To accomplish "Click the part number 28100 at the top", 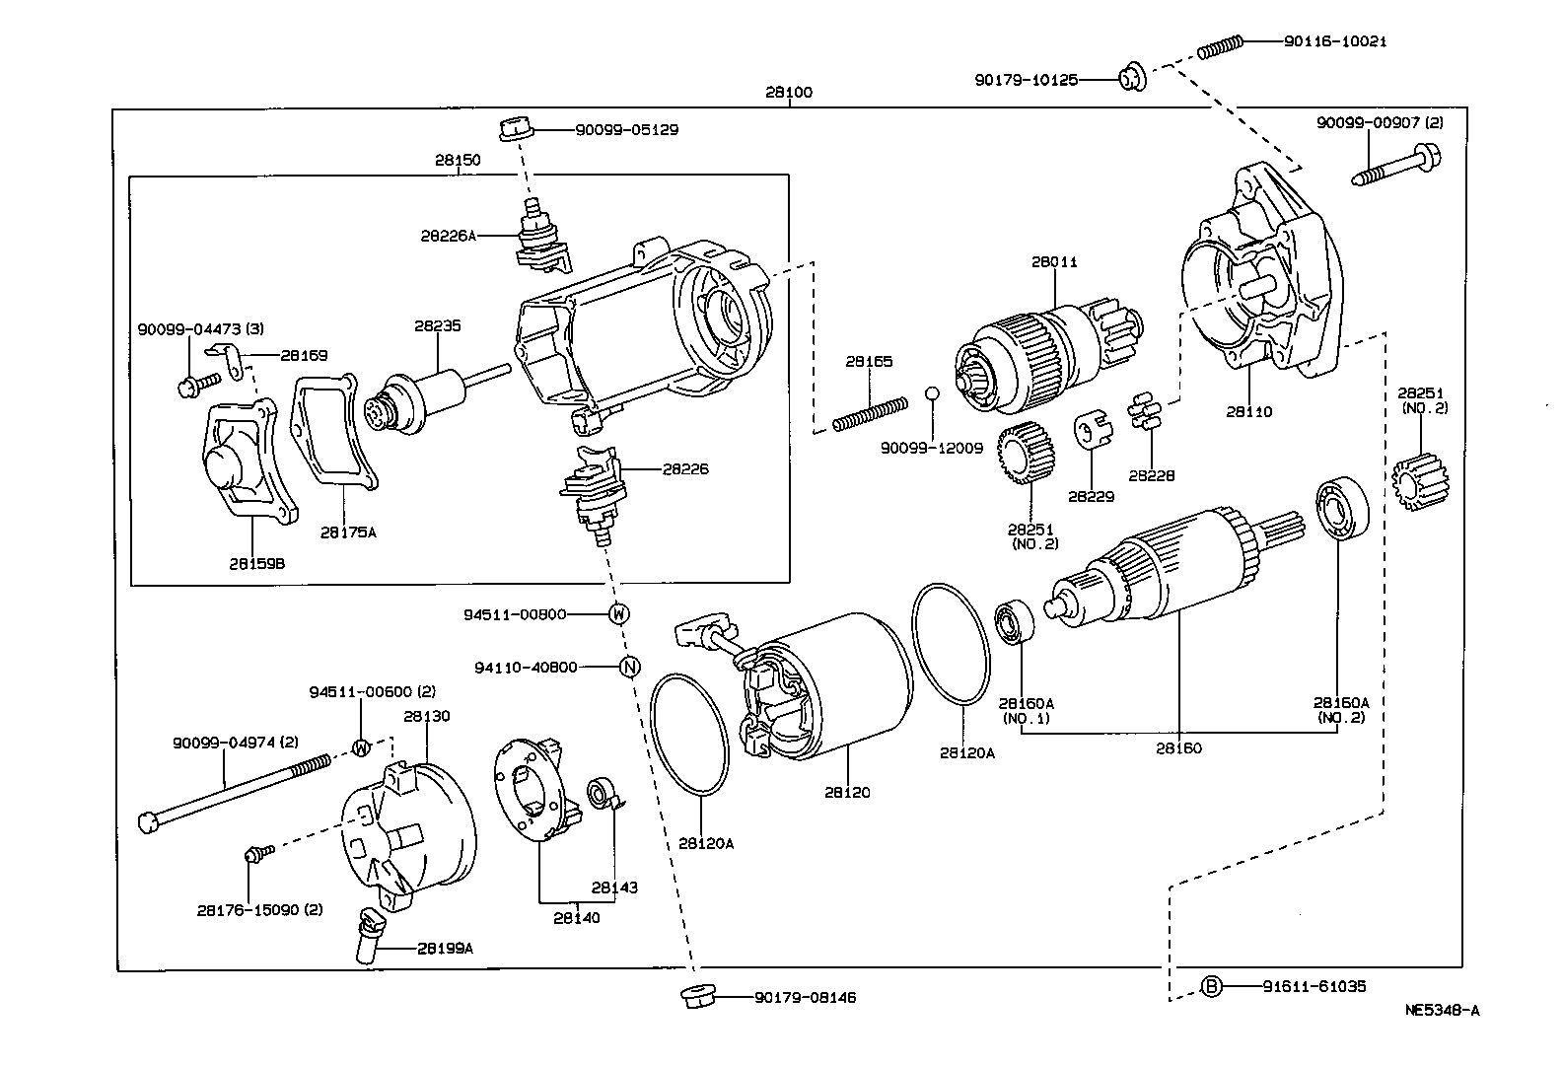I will click(x=788, y=93).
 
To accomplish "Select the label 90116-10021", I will click(x=1335, y=41).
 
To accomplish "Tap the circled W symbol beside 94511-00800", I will click(x=618, y=613).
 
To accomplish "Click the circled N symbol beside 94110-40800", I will click(x=628, y=667).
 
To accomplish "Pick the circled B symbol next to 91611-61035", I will click(x=1212, y=985).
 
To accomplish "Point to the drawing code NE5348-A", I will click(x=1442, y=1010).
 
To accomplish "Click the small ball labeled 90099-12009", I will click(x=930, y=394).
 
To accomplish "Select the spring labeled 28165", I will click(x=871, y=413).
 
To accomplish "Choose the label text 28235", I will click(x=437, y=325).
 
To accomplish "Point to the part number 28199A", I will click(x=445, y=948).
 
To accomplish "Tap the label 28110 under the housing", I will click(x=1248, y=411).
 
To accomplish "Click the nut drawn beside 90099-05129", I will click(x=515, y=128).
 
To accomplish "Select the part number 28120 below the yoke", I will click(x=849, y=792).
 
